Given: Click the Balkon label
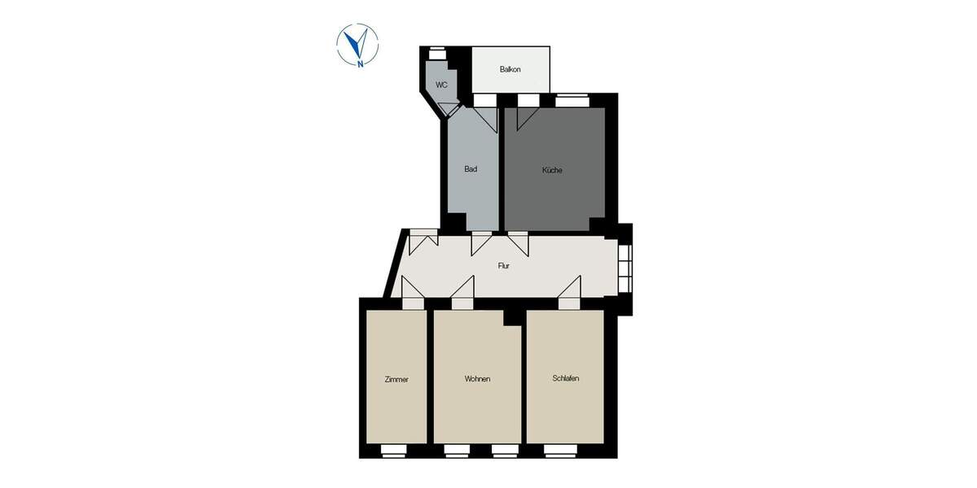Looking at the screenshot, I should pyautogui.click(x=510, y=69).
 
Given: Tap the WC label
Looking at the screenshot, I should pyautogui.click(x=441, y=85).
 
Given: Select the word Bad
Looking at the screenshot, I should pyautogui.click(x=471, y=169).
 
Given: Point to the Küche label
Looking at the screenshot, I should pyautogui.click(x=553, y=170).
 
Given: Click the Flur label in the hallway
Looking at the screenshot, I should pyautogui.click(x=504, y=266).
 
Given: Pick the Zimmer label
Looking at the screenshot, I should pyautogui.click(x=396, y=380).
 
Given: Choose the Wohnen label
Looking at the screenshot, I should pyautogui.click(x=477, y=380).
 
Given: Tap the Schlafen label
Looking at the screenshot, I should pyautogui.click(x=565, y=379).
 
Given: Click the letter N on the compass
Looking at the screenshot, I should pyautogui.click(x=359, y=62).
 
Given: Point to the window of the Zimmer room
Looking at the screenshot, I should pyautogui.click(x=394, y=449).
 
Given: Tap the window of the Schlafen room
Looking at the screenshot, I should pyautogui.click(x=558, y=449).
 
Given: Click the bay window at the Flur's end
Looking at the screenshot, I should pyautogui.click(x=624, y=268).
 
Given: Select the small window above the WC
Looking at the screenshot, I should pyautogui.click(x=437, y=50).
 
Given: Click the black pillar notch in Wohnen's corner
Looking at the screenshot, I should pyautogui.click(x=512, y=317).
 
